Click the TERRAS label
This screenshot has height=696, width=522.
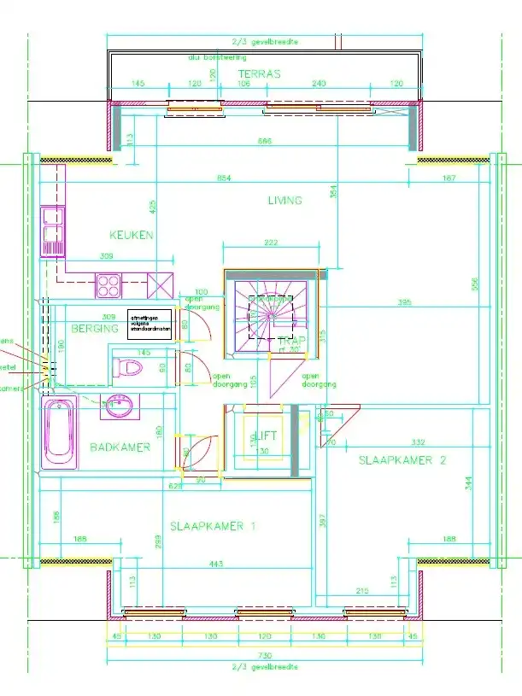[x=259, y=74]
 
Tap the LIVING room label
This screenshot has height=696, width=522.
[x=284, y=201]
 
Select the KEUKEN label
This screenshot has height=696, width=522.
[x=131, y=235]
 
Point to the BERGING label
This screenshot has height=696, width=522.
[x=94, y=329]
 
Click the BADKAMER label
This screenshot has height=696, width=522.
[x=120, y=447]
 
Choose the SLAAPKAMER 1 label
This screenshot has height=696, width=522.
[x=213, y=526]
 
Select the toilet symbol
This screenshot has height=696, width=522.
[x=128, y=368]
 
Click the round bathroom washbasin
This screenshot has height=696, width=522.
[x=119, y=407]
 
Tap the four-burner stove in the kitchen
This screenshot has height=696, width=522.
[x=109, y=284]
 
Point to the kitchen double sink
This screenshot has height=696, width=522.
[x=53, y=231]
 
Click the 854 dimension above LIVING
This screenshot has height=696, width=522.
[x=225, y=178]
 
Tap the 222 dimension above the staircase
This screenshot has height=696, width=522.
[x=271, y=243]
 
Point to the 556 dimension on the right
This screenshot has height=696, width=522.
[x=474, y=283]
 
